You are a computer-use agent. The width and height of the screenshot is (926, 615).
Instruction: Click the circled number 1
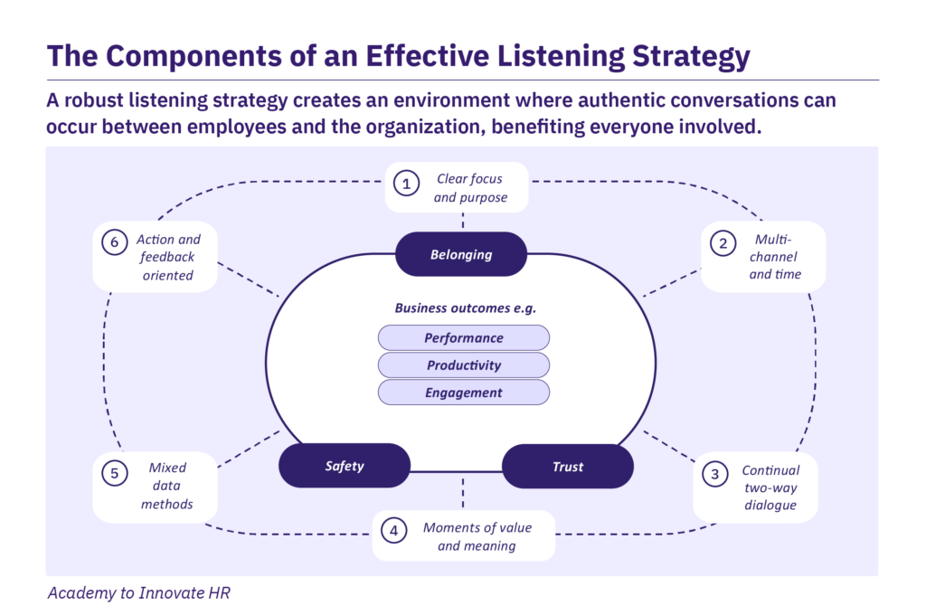[407, 184]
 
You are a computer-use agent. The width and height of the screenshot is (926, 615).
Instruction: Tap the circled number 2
[723, 243]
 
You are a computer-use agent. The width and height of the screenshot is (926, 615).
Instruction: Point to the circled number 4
[393, 531]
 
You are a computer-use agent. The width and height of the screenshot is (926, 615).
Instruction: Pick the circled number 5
[115, 471]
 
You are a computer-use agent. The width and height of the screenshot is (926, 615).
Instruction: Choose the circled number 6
[114, 243]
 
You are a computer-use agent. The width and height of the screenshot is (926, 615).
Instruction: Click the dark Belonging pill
[461, 254]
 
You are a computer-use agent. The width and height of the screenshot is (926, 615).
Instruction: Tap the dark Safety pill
[345, 466]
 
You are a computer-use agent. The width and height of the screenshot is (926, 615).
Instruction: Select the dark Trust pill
[568, 467]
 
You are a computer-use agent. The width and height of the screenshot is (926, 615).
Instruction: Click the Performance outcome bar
[464, 337]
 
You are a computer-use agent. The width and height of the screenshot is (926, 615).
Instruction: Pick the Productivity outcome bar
[464, 365]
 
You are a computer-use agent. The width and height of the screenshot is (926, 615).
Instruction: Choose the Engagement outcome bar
[464, 393]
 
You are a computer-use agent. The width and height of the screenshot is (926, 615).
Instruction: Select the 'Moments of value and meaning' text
[477, 536]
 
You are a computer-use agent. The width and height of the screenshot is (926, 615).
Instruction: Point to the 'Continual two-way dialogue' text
[770, 487]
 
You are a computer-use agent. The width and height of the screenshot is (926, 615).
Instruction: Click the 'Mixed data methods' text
[167, 486]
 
